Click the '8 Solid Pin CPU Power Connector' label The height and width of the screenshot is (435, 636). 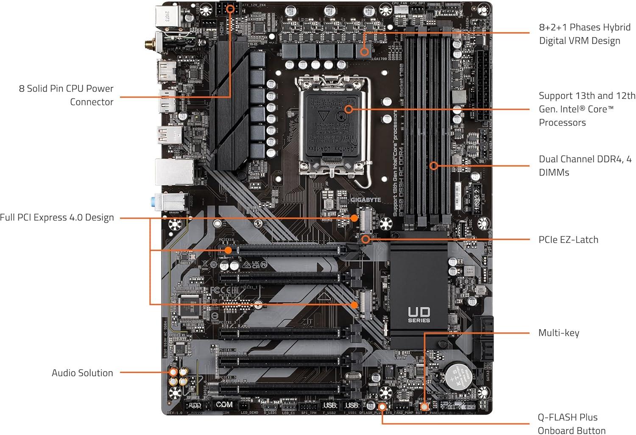tap(66, 95)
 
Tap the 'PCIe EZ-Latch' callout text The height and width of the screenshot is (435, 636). tap(568, 240)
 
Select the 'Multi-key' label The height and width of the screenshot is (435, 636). tap(558, 333)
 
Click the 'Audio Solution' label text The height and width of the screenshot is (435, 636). tap(82, 373)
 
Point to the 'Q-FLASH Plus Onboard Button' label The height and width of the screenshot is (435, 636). tap(571, 424)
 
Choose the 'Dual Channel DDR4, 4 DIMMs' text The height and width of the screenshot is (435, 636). tap(585, 165)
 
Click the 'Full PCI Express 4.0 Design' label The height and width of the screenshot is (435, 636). tap(57, 217)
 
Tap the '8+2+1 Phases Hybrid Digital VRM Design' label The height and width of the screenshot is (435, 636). tap(584, 34)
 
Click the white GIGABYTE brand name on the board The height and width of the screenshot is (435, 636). tap(365, 200)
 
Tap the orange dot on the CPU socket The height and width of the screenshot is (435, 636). tap(349, 109)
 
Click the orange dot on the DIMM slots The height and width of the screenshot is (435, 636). tap(433, 165)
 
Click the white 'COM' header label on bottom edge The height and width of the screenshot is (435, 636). tap(224, 404)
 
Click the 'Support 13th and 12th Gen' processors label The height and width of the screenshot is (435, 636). tap(587, 109)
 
